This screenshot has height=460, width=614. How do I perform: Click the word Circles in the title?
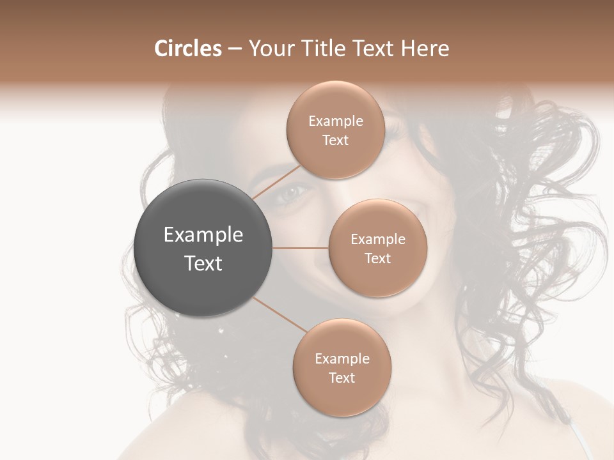coord(187,49)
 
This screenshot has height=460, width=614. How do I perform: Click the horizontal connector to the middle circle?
coord(300,248)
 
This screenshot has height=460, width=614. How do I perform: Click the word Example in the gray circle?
coord(203,235)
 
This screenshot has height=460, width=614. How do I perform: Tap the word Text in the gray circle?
coord(203,263)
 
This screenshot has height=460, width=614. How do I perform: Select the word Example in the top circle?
coord(335,121)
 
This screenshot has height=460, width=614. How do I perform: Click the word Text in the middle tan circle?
coord(377,258)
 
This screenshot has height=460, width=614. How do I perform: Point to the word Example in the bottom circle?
coord(342,359)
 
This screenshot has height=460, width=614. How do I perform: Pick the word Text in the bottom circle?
coord(342,378)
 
